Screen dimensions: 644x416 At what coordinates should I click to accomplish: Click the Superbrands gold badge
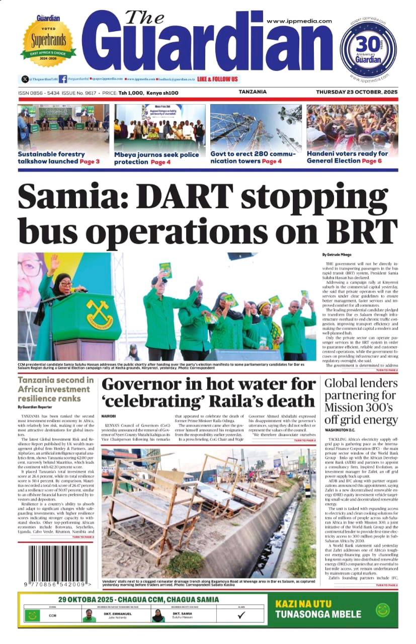[48, 40]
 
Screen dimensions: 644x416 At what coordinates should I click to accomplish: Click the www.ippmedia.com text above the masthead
[299, 21]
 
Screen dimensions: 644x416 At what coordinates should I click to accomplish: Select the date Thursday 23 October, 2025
[357, 93]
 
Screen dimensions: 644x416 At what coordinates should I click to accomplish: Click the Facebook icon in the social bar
[63, 79]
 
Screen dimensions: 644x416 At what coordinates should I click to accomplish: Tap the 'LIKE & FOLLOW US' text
[217, 79]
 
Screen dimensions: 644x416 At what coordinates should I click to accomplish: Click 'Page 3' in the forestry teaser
[90, 162]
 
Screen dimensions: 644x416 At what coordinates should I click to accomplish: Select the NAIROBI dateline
[109, 417]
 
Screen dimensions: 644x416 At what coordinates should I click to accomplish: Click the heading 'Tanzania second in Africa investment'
[55, 384]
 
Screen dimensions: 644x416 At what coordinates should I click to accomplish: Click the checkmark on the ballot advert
[241, 615]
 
